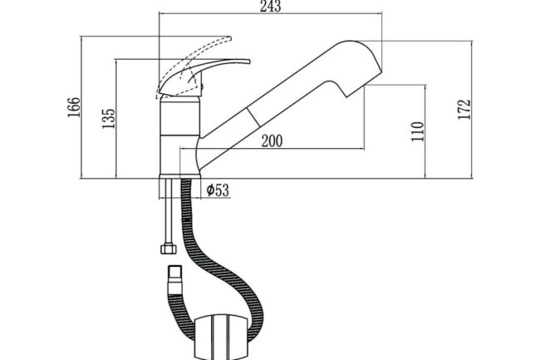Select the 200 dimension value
271,141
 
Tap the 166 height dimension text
73,107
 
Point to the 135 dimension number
107,118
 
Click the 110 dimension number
417,131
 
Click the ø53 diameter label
216,190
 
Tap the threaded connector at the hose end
174,274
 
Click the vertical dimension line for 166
81,107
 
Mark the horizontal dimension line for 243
270,16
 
